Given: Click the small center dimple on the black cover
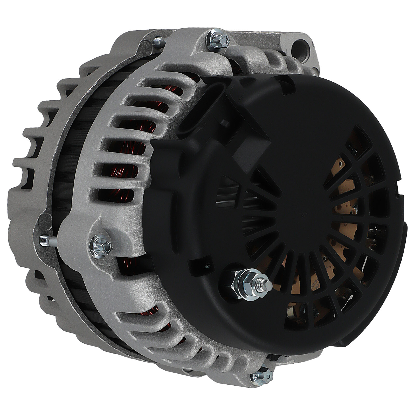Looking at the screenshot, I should pos(304,215).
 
